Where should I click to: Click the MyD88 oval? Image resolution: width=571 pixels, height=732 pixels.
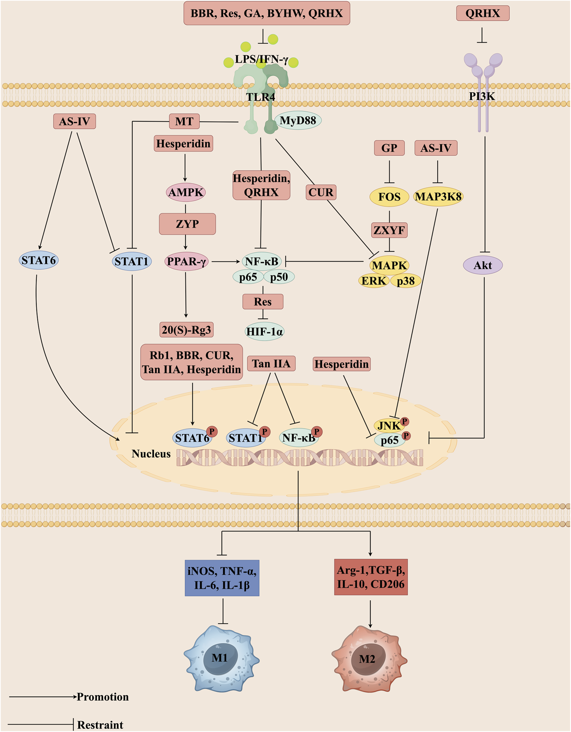coord(298,120)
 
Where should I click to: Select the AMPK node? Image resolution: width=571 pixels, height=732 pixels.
coord(186,192)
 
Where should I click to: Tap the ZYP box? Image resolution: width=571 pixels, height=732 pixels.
coord(187,224)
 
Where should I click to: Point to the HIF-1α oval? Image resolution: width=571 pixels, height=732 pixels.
coord(264,331)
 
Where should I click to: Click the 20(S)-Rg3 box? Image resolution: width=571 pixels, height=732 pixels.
coord(186,330)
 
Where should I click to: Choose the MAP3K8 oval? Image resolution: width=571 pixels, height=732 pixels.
coord(438,196)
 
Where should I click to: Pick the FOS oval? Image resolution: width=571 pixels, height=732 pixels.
coord(389,197)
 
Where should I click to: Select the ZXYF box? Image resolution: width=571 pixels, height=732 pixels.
coord(389,230)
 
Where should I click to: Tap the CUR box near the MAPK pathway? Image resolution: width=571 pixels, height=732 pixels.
coord(321,192)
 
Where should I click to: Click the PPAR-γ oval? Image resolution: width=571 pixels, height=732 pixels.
coord(186,261)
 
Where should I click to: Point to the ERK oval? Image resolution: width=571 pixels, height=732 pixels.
coord(373,280)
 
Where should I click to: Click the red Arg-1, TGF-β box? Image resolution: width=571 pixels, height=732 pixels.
coord(371,577)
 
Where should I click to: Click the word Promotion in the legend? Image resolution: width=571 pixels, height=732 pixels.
coord(102,697)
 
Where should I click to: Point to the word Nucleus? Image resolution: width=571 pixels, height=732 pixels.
coord(151,454)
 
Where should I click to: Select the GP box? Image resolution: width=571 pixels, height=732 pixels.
coord(389,148)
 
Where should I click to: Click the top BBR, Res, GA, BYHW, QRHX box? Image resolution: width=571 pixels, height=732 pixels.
coord(267,14)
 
